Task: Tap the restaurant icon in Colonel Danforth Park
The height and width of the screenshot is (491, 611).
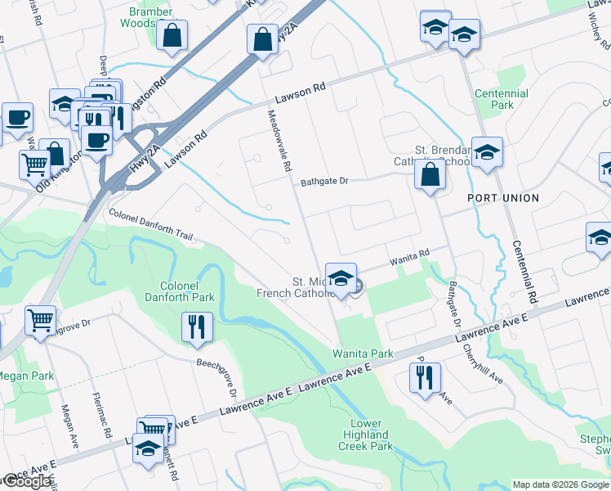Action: point(197,327)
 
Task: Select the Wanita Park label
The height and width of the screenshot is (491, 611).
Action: point(362,354)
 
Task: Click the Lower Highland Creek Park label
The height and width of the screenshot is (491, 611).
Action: point(366,435)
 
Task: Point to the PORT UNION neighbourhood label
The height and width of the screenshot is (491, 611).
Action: point(503,198)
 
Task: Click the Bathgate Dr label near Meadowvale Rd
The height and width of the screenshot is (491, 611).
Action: point(324,182)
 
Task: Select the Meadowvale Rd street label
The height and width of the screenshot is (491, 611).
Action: point(277,141)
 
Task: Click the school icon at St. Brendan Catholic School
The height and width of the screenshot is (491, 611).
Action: point(487,152)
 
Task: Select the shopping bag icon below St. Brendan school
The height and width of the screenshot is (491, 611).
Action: point(430,175)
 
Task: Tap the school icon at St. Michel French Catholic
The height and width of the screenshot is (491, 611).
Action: point(341,277)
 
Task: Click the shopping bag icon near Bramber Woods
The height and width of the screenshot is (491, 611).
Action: point(173,35)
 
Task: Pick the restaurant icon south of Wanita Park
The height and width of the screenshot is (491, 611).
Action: point(424,377)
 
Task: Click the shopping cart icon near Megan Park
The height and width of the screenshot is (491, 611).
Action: point(40,321)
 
